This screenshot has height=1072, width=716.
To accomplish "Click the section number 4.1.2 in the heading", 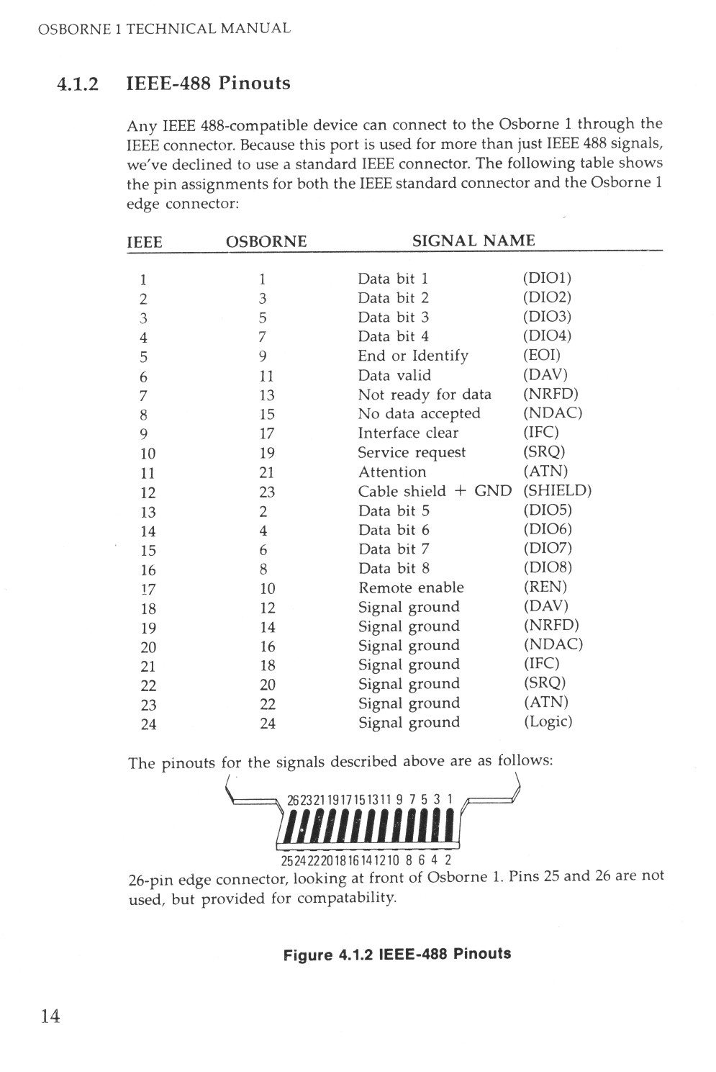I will [x=77, y=84].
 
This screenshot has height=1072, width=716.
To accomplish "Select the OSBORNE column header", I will [x=266, y=242].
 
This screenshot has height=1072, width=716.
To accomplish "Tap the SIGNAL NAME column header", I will [x=473, y=240].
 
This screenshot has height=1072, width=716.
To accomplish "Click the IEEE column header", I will [x=145, y=243].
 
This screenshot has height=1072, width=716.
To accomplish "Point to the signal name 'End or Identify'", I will [x=413, y=356].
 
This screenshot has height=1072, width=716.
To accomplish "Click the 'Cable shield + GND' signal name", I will [x=435, y=491].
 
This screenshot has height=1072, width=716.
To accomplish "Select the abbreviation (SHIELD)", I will [x=557, y=491].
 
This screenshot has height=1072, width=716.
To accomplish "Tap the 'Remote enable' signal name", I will [x=411, y=587].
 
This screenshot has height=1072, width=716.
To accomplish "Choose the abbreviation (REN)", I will [x=545, y=587].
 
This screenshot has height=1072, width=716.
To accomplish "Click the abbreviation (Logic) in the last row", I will [x=548, y=721].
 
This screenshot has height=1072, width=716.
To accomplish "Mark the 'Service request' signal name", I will [x=412, y=453].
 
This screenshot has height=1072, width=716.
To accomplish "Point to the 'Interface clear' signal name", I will [x=408, y=433].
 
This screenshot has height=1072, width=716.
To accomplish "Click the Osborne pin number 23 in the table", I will [x=267, y=492].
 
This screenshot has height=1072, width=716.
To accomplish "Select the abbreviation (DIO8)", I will [x=547, y=567].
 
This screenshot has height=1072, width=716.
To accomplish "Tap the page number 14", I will [x=50, y=1016].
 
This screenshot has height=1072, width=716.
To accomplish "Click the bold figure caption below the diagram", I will [x=397, y=955].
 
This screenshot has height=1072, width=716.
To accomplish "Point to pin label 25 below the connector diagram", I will [x=286, y=860].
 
